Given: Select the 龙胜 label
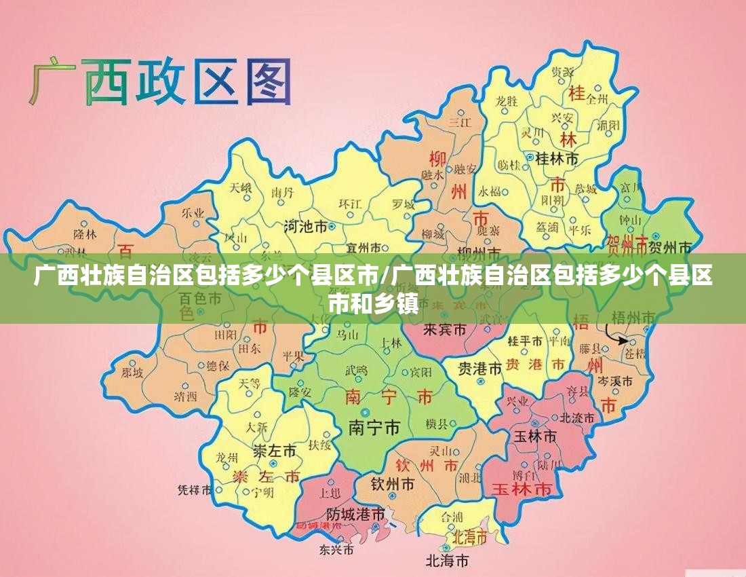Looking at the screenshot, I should [506, 101].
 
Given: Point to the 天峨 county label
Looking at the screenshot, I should [240, 187].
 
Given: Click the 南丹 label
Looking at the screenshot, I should [283, 193].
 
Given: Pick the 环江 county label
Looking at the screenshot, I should [351, 203].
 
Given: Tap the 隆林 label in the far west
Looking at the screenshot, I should [85, 234].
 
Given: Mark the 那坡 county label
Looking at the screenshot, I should [132, 373].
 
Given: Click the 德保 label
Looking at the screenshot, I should [218, 366].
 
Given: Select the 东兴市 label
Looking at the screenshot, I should [336, 548].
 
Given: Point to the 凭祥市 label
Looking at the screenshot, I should [195, 489].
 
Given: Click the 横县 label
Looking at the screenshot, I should [437, 424].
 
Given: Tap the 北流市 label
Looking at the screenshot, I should [577, 417].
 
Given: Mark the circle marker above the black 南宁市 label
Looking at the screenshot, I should [366, 412].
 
